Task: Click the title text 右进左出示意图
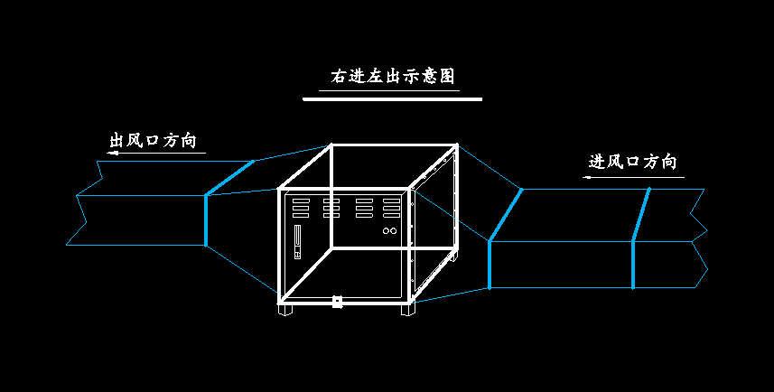coord(392,76)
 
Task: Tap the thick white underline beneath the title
coord(392,98)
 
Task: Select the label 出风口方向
coord(152,141)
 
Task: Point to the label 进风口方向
coord(632,163)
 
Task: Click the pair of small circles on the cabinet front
coord(390,232)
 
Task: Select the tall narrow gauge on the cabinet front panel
coord(296,240)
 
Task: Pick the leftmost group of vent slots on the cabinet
coord(301,209)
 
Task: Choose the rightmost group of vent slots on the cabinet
coord(391,209)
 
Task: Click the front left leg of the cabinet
coord(286,309)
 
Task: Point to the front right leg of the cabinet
coord(408,309)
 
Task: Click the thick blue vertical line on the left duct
coord(206,219)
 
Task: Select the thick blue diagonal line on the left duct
coord(229,177)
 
